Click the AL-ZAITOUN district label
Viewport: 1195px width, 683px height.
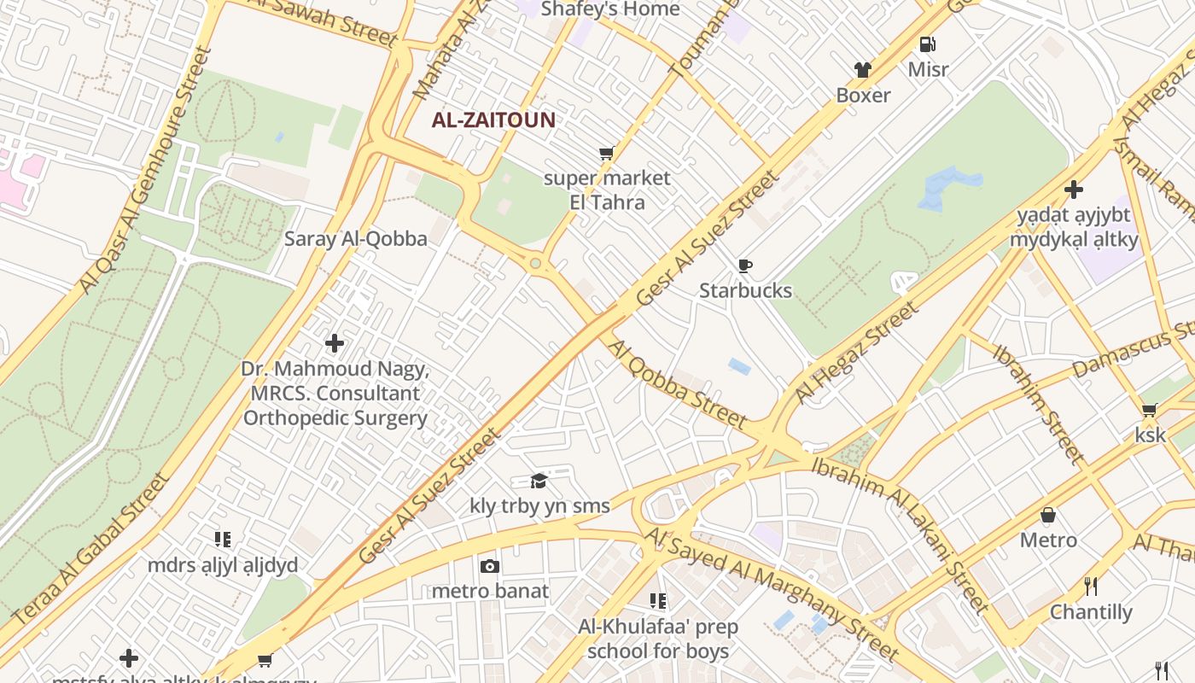(493, 120)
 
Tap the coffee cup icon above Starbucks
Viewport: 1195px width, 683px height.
(745, 266)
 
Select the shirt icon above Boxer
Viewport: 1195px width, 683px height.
(863, 70)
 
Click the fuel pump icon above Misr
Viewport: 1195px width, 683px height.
(928, 44)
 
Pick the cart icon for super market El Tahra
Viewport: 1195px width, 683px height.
(606, 154)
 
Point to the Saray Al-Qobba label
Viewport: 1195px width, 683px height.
(356, 239)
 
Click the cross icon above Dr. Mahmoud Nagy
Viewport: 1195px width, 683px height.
(335, 344)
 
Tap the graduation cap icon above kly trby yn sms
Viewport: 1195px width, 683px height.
(539, 482)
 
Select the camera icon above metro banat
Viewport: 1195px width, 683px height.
(489, 566)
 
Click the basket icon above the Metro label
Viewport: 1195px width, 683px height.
(1048, 516)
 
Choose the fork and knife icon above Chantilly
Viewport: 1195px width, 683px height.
(1090, 587)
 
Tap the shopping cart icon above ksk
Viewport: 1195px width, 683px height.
(1150, 411)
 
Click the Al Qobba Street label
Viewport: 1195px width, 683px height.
(676, 383)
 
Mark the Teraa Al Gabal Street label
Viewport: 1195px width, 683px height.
(92, 546)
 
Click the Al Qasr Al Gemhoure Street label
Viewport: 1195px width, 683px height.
(145, 171)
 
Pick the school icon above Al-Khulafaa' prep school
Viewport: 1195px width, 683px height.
(657, 601)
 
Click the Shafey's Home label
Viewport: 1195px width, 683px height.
(610, 9)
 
